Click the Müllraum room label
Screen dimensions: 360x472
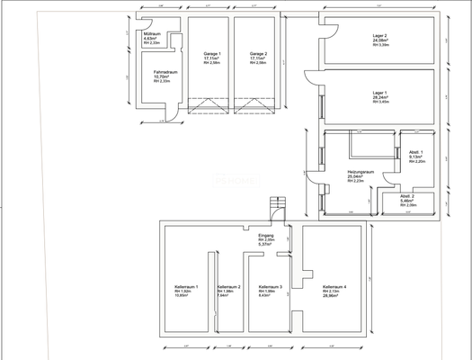152,33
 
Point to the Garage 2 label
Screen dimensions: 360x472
258,53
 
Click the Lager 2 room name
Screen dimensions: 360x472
379,35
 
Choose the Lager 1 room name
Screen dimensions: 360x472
379,93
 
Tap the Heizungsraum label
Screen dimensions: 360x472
361,171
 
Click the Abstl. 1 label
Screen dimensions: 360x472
415,151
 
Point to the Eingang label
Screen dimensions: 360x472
266,235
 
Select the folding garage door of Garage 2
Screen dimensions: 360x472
254,109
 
